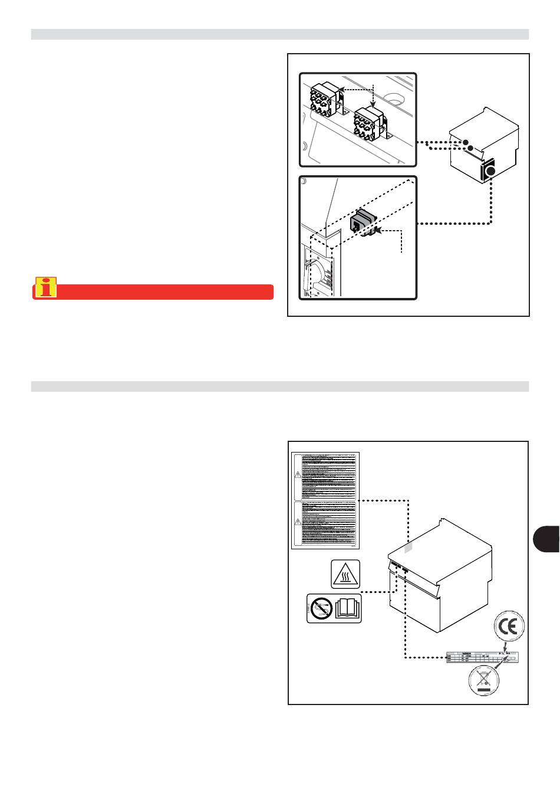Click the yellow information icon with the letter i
click(45, 287)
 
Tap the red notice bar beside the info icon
click(165, 292)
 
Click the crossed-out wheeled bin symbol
click(484, 681)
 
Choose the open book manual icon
click(347, 608)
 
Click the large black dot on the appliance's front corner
click(490, 172)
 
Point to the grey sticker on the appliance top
click(409, 548)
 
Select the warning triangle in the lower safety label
click(298, 521)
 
